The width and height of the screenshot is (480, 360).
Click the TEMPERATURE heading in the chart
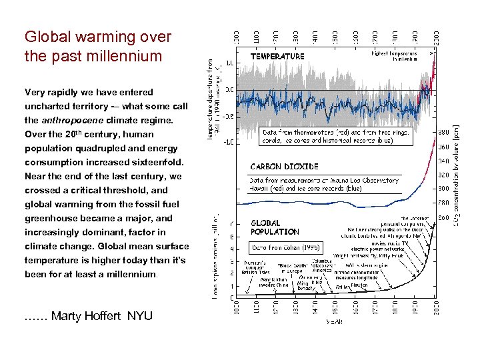click(x=277, y=57)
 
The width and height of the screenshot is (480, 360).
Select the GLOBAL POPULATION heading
click(x=275, y=227)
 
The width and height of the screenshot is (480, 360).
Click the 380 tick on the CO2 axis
click(x=443, y=132)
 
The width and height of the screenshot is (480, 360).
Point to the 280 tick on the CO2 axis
click(x=443, y=203)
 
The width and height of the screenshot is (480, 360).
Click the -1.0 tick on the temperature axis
click(x=229, y=142)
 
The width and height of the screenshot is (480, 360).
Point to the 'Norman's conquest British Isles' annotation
click(x=253, y=267)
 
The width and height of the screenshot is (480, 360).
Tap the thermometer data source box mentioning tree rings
click(x=337, y=136)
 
